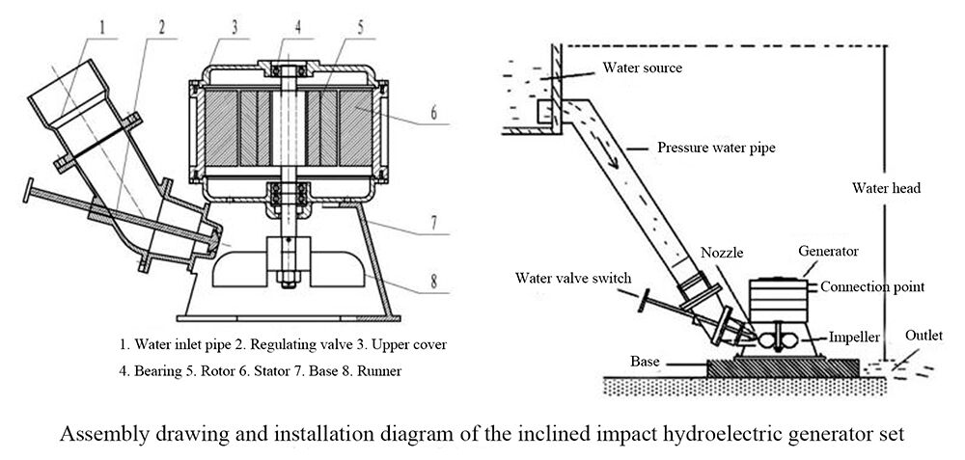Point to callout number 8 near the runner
pyautogui.click(x=433, y=284)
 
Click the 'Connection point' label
pyautogui.click(x=876, y=286)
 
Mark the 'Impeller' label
pyautogui.click(x=855, y=338)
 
